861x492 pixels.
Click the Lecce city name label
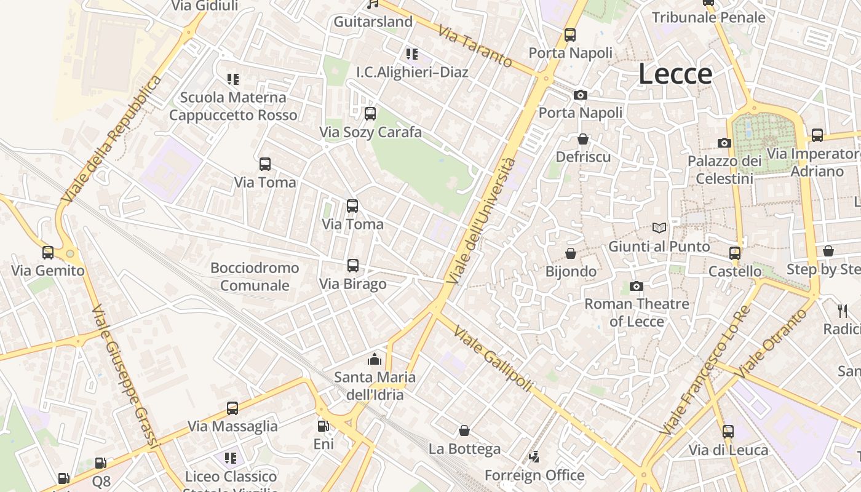(675, 74)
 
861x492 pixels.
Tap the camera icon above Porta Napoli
(580, 95)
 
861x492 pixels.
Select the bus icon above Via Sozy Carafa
(370, 114)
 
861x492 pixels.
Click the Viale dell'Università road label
(482, 221)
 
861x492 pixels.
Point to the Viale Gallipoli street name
(493, 359)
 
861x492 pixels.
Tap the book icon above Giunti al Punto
(659, 228)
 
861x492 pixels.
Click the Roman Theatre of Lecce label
(637, 312)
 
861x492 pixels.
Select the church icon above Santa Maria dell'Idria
(375, 359)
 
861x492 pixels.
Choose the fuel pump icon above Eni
(323, 426)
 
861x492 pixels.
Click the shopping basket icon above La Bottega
(464, 430)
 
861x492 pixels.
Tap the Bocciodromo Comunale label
(255, 276)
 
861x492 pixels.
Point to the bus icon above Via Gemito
(47, 252)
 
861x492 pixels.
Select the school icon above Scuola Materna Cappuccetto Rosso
(232, 79)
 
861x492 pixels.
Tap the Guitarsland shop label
(373, 22)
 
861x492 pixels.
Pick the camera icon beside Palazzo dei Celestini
(724, 143)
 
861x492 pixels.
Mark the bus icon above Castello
(734, 253)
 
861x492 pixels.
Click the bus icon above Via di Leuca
(728, 432)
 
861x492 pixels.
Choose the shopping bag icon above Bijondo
(571, 253)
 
